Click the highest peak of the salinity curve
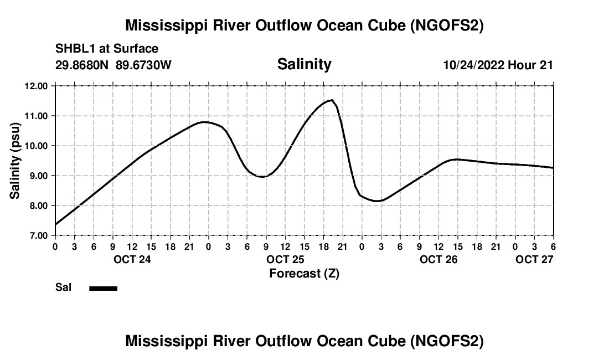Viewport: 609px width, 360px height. point(331,100)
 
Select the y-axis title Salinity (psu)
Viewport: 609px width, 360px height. point(15,161)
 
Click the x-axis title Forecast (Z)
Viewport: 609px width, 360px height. point(304,273)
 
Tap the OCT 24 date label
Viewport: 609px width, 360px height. point(132,259)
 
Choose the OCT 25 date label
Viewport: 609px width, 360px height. point(285,259)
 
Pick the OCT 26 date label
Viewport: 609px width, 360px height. point(438,259)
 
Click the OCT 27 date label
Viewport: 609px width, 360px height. point(534,259)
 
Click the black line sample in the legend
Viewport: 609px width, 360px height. point(103,288)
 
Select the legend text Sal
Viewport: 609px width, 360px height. point(63,287)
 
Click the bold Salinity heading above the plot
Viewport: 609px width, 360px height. point(304,64)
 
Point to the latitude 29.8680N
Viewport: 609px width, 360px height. point(83,65)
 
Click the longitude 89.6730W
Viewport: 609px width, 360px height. point(144,65)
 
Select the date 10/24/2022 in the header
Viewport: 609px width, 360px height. point(473,65)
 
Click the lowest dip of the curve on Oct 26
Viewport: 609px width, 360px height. point(376,201)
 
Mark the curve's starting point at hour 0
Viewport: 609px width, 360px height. point(55,224)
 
